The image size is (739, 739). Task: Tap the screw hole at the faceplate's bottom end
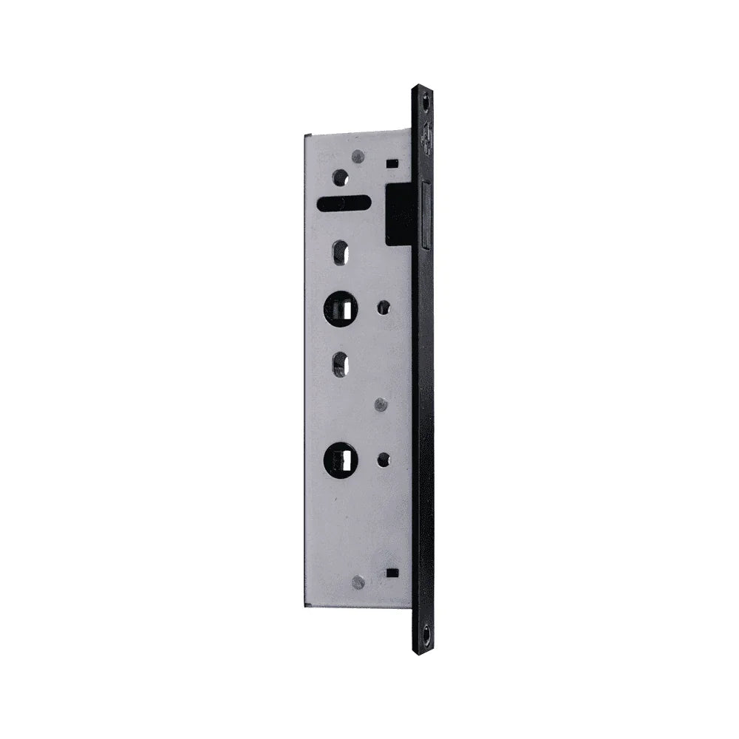(x=425, y=634)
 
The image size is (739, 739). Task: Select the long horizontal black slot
(x=344, y=202)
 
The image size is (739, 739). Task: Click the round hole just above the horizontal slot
(x=340, y=177)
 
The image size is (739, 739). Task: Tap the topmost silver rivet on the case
(x=358, y=157)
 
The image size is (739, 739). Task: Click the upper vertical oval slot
(x=340, y=253)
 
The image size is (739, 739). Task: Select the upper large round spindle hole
(x=341, y=309)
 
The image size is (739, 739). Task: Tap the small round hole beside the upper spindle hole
(x=384, y=307)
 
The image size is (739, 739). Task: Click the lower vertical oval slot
(x=340, y=364)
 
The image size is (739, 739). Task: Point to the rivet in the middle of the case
(x=381, y=404)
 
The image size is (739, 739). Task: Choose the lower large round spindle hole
(x=341, y=460)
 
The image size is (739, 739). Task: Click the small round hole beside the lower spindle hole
(x=384, y=460)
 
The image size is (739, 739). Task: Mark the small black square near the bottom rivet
(x=392, y=572)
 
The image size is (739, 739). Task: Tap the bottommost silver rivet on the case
(x=358, y=582)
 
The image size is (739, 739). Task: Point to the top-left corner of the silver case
(x=306, y=134)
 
